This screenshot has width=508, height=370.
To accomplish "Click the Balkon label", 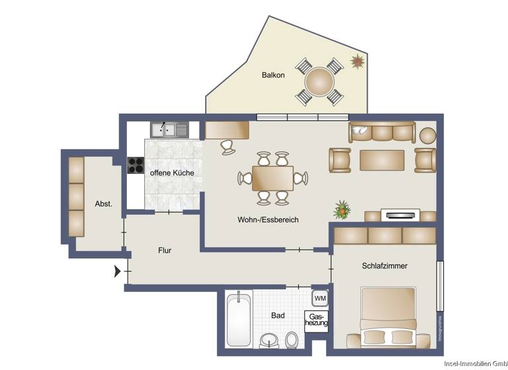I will [273, 75].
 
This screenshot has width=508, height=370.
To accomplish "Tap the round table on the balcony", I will [320, 82].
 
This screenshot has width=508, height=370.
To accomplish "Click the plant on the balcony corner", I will [358, 62].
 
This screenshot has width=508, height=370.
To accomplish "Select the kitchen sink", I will [169, 129].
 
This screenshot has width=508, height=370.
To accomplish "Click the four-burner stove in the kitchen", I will [136, 165].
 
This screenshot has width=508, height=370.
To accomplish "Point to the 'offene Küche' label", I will [172, 172].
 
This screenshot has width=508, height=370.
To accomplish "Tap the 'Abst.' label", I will [103, 204].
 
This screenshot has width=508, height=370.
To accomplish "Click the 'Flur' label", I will [165, 250].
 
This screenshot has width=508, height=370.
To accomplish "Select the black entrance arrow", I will [118, 270].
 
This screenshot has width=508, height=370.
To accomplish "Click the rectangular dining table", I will [273, 178].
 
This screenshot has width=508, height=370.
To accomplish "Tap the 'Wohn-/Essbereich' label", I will [268, 219].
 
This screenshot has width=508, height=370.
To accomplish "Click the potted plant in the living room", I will [342, 210].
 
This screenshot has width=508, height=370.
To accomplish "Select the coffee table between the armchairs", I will [382, 160].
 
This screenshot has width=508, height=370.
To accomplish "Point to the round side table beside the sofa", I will [428, 135].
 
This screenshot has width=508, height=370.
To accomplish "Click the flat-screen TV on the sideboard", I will [400, 214].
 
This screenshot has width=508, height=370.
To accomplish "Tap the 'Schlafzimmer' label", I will [384, 266].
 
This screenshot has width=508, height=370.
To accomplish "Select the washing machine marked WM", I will [320, 298].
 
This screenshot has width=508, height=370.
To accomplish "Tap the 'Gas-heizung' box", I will [316, 321].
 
